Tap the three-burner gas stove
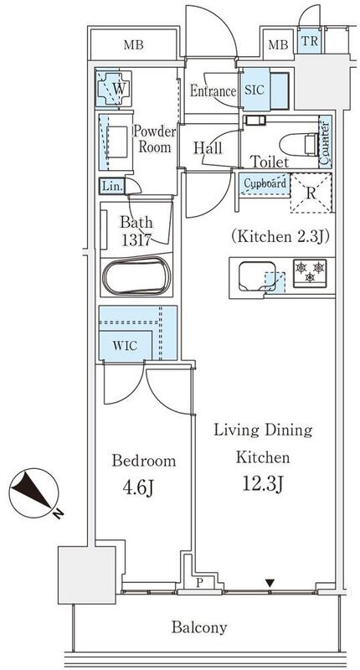(310, 273)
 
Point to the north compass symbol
(34, 493)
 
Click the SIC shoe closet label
(255, 90)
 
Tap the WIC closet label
(125, 346)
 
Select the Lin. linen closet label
(112, 186)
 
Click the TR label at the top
(308, 41)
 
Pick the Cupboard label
(265, 183)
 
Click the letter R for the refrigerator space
(311, 193)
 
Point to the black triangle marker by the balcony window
(270, 583)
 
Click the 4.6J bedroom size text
(138, 488)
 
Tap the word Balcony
(199, 627)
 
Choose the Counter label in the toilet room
(325, 143)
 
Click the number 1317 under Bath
(136, 240)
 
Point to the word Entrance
(213, 91)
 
